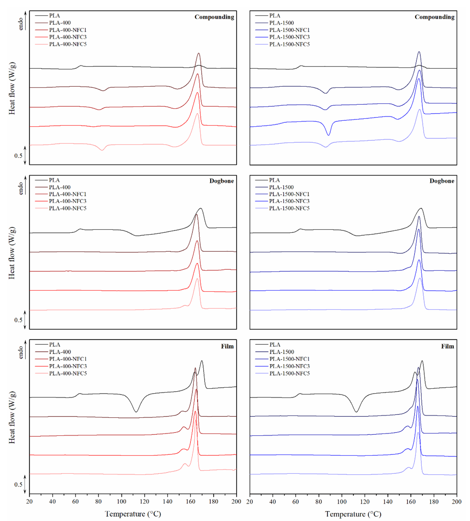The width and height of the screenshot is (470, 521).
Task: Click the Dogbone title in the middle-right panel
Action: point(442,181)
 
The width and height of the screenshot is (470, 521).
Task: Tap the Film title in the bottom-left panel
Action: point(227,346)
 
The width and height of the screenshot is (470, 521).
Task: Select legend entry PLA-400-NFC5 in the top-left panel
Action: point(68,44)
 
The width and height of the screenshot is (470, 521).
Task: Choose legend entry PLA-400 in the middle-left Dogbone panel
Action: point(60,187)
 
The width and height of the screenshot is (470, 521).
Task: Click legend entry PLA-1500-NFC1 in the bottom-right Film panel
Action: point(289,359)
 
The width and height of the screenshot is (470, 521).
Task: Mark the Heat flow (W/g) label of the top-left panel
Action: point(12,88)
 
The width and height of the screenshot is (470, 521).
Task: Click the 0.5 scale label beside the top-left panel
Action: point(18,156)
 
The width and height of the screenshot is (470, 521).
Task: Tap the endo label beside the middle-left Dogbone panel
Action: point(21,188)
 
